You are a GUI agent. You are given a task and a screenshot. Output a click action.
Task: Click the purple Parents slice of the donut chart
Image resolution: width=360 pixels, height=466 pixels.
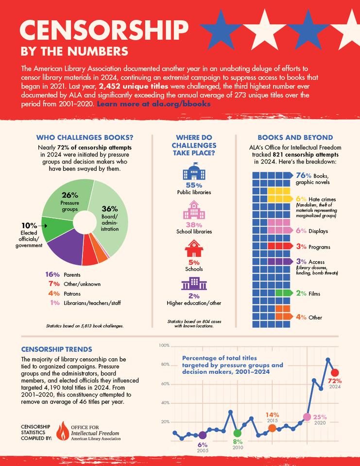coord(65,246)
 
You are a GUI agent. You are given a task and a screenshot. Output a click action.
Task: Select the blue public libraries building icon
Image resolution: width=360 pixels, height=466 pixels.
coord(193,174)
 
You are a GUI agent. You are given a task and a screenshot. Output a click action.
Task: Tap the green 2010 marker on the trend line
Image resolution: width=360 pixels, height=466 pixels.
coord(237,433)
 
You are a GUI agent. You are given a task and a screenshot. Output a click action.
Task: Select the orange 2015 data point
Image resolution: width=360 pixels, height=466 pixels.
coord(272,428)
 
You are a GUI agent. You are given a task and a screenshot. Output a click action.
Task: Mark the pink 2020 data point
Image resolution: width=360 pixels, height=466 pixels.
coord(307,416)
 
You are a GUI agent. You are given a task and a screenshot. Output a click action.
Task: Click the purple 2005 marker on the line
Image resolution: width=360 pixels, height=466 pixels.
coord(203,435)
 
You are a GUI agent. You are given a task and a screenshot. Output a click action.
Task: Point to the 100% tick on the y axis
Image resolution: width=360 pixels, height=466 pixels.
coord(164,346)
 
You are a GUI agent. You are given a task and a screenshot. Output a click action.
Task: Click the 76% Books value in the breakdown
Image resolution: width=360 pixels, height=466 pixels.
coord(303,175)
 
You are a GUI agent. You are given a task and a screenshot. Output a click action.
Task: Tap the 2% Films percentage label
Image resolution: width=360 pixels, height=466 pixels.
coord(301,293)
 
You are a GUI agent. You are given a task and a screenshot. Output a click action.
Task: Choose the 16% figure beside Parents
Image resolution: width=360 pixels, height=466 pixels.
coord(52,275)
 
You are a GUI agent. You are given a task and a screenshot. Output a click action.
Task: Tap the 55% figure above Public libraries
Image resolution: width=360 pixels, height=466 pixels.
coord(194,185)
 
